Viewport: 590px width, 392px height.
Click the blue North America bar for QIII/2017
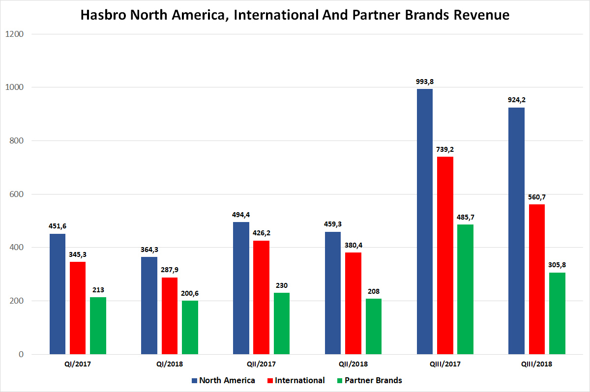pyautogui.click(x=425, y=221)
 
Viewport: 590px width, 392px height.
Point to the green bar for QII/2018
pyautogui.click(x=373, y=326)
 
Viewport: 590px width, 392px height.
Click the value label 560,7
pyautogui.click(x=536, y=197)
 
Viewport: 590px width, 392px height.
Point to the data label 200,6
pyautogui.click(x=190, y=293)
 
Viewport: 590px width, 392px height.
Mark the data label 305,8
pyautogui.click(x=557, y=265)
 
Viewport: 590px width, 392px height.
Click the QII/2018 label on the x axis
pyautogui.click(x=353, y=364)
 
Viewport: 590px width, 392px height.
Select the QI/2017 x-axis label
pyautogui.click(x=78, y=364)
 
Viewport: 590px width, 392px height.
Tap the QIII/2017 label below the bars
pyautogui.click(x=445, y=364)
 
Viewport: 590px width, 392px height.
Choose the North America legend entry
pyautogui.click(x=227, y=380)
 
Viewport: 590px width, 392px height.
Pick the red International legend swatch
pyautogui.click(x=269, y=381)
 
